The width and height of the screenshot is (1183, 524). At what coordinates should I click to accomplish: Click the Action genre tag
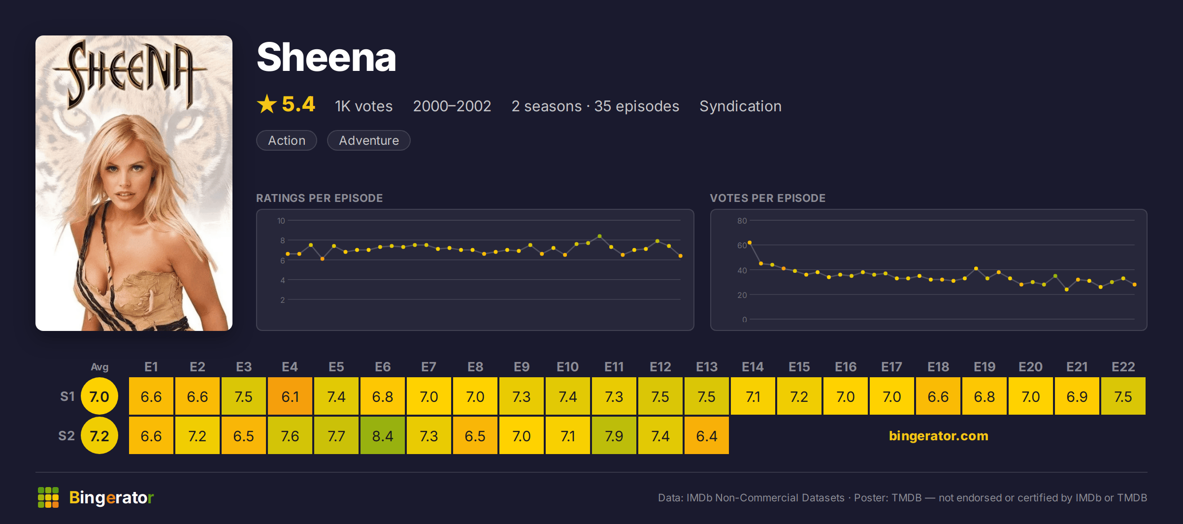[x=287, y=140]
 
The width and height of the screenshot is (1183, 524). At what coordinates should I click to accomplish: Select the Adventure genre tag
[x=369, y=140]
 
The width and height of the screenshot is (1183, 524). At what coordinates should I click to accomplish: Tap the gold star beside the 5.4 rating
[x=267, y=104]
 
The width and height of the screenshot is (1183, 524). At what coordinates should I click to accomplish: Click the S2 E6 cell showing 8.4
[x=383, y=435]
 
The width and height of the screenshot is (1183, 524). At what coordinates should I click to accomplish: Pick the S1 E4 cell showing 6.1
[x=290, y=396]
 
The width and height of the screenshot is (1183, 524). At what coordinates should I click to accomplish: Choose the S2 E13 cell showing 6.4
[x=707, y=435]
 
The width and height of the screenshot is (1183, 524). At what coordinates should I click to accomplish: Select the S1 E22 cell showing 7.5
[x=1123, y=396]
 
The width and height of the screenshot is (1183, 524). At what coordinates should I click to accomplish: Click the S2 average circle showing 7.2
[x=99, y=435]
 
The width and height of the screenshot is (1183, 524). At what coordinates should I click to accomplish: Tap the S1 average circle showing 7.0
[x=99, y=396]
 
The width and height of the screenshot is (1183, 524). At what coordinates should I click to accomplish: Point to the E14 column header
[x=753, y=367]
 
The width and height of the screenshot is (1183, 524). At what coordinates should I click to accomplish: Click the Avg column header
[x=99, y=367]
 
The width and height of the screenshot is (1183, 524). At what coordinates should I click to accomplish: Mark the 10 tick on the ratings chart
[x=281, y=221]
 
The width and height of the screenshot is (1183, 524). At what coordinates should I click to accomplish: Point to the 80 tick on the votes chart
[x=742, y=221]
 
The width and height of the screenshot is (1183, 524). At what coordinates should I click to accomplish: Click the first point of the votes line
[x=750, y=242]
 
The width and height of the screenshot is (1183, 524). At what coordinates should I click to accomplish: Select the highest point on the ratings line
[x=599, y=236]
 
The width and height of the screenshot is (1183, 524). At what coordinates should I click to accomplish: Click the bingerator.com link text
[x=938, y=436]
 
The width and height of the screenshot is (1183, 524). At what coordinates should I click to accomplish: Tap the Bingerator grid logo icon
[x=48, y=497]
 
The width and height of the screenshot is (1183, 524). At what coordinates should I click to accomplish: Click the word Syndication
[x=740, y=106]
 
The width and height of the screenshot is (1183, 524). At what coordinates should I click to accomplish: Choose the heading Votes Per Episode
[x=767, y=198]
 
